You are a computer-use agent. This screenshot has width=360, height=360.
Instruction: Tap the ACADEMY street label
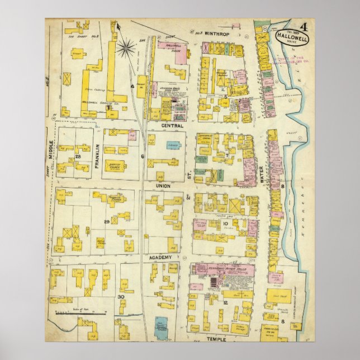164,257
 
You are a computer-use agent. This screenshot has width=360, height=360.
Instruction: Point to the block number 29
106,222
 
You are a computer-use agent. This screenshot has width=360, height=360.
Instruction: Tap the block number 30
120,296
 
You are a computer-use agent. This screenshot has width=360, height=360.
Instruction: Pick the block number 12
225,302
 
